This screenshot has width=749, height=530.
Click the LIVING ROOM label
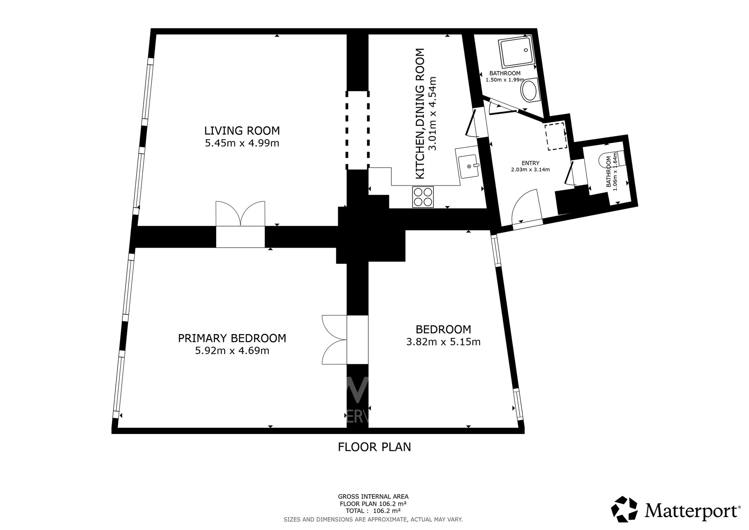(242, 130)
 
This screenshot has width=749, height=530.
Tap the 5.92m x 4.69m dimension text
(232, 351)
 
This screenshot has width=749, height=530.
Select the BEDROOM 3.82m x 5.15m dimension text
(443, 342)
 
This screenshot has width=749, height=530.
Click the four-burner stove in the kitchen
(423, 197)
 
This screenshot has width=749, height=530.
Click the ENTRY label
(530, 163)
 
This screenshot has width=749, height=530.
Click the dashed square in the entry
(556, 136)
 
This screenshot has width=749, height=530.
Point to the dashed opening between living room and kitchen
(357, 130)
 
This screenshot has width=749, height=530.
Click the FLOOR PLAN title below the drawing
(374, 447)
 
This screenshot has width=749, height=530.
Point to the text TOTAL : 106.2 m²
(373, 510)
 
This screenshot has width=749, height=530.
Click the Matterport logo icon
(624, 509)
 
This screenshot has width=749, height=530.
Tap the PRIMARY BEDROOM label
(232, 338)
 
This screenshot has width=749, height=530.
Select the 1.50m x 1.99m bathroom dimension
(505, 80)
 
